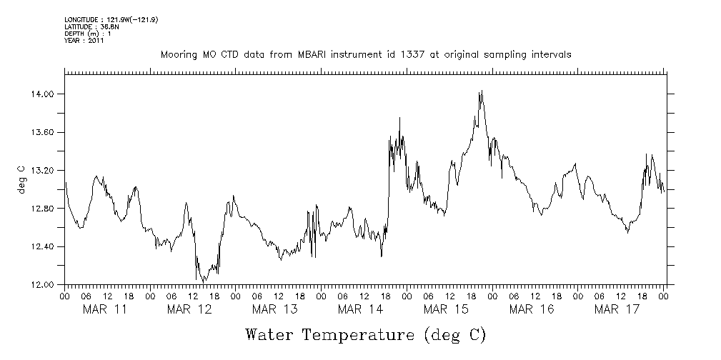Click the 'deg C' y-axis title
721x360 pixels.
22,179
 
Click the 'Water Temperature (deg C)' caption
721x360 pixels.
366,334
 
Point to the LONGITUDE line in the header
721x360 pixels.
111,19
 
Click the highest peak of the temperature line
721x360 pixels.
482,91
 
